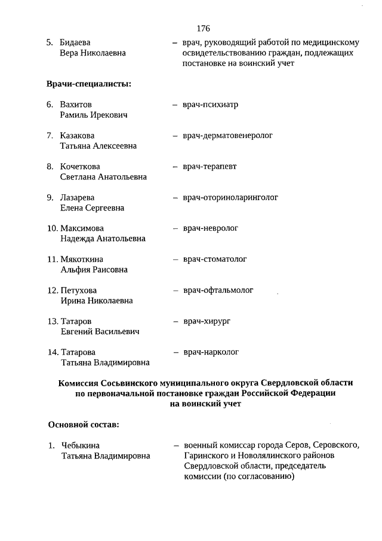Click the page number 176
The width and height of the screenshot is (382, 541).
pos(203,28)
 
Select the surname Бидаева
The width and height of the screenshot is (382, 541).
pos(75,43)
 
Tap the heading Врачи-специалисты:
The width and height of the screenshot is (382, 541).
pos(89,84)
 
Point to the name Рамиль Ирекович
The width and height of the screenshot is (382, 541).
pos(94,115)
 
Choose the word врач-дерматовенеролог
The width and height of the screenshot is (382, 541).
pos(228,136)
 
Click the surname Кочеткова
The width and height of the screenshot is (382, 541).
pos(80,167)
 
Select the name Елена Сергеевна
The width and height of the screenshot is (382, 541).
pos(92,208)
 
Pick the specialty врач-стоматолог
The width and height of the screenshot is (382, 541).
pos(215,259)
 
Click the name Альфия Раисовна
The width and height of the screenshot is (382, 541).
pos(94,270)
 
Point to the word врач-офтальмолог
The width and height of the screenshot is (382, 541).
pos(218,291)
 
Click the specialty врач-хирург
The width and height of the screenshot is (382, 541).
pos(207,322)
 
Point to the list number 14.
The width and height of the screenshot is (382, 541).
pos(53,352)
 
